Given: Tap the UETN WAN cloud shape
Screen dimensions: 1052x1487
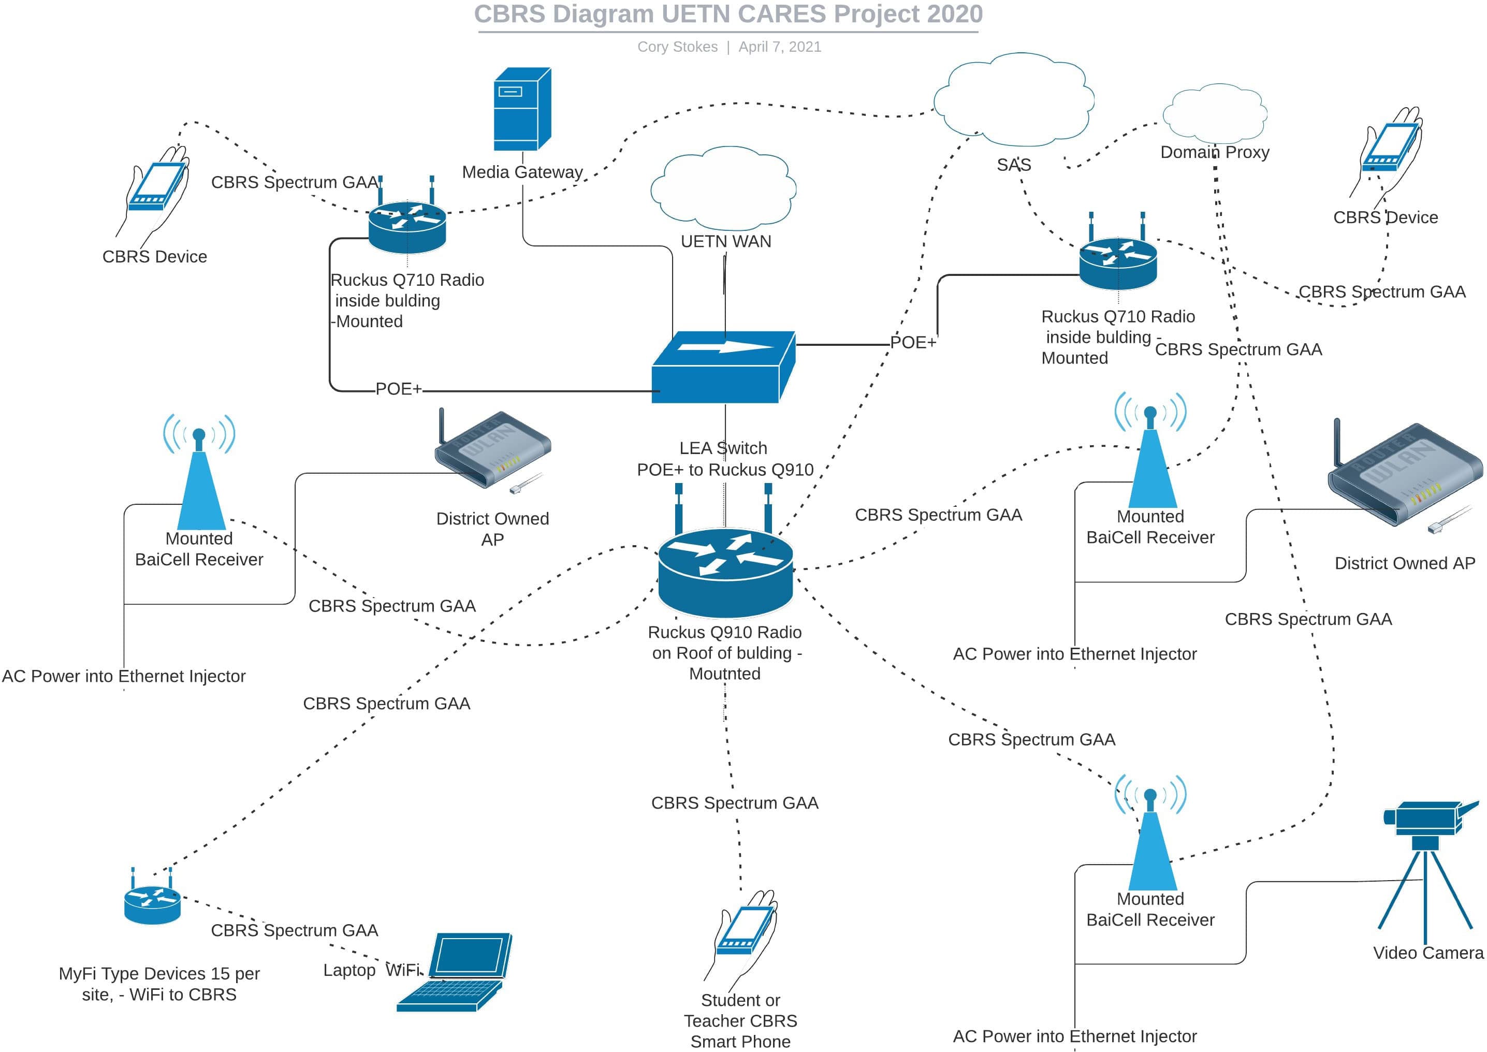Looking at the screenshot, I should coord(723,187).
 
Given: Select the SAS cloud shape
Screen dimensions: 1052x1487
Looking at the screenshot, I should coord(1014,100).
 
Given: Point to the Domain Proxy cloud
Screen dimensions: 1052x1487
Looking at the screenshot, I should coord(1214,114).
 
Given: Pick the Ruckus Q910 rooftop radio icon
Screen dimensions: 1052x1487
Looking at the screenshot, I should coord(725,570).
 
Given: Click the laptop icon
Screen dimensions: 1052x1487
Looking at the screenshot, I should coord(457,972).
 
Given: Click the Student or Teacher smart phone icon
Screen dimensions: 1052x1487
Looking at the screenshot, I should coord(745,933).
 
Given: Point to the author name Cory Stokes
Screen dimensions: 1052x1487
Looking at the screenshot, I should coord(677,47).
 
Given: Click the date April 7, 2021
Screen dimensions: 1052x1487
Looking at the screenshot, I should coord(780,47).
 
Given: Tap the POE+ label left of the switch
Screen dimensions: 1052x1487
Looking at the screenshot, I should coord(398,389).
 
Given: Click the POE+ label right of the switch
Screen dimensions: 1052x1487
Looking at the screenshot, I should coord(912,342).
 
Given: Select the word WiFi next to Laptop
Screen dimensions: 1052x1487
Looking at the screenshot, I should coord(403,970).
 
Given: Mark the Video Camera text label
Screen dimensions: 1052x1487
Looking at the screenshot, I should coord(1428,952).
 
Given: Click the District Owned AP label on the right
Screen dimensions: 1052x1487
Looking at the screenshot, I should coord(1405,563).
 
